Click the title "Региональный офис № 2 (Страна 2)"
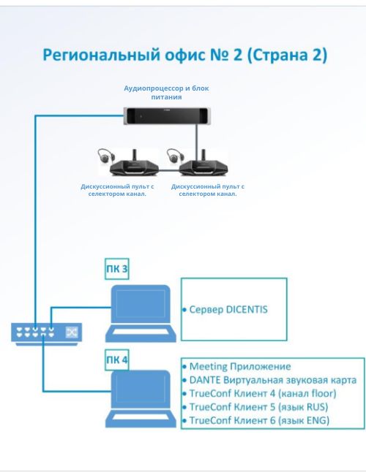coord(184,55)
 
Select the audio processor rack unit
coord(167,115)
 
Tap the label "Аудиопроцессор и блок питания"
coord(166,93)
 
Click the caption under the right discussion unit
coord(208,190)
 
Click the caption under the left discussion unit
coord(117,190)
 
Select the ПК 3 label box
coord(117,269)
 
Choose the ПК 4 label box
coord(117,360)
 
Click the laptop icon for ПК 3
coord(141,313)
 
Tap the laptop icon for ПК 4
coord(141,399)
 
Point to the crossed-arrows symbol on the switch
coord(72,332)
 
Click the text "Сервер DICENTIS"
coord(228,310)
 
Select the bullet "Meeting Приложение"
coord(240,367)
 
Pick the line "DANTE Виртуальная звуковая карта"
coord(272,380)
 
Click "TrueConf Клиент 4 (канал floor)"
coord(263,393)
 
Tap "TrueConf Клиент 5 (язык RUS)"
coord(258,407)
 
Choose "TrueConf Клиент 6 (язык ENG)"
coord(259,420)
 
